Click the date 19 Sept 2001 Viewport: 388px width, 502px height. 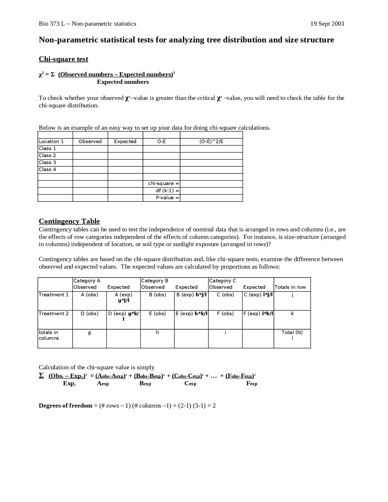coord(327,24)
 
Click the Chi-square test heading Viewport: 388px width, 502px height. coord(63,59)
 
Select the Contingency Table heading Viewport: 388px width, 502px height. coord(69,221)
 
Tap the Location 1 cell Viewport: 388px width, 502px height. coord(51,141)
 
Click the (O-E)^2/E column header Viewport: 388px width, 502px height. coord(211,141)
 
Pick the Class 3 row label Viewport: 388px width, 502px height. coord(48,162)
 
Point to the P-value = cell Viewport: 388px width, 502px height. coord(167,198)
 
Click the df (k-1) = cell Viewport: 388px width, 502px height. coord(167,191)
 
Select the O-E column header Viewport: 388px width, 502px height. coord(161,141)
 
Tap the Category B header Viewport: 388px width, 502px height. coord(155,281)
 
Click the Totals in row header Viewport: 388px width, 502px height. coord(290,287)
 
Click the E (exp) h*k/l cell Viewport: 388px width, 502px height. coord(191,314)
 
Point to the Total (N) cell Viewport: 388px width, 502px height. coord(292,332)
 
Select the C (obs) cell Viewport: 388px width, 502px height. coord(225,295)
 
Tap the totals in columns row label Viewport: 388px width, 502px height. coord(49,335)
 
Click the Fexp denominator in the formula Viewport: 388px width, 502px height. coord(252,383)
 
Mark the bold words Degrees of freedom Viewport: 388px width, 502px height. coord(65,406)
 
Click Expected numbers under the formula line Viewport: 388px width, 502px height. coord(123,82)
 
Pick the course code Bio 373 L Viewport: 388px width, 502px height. coord(52,24)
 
